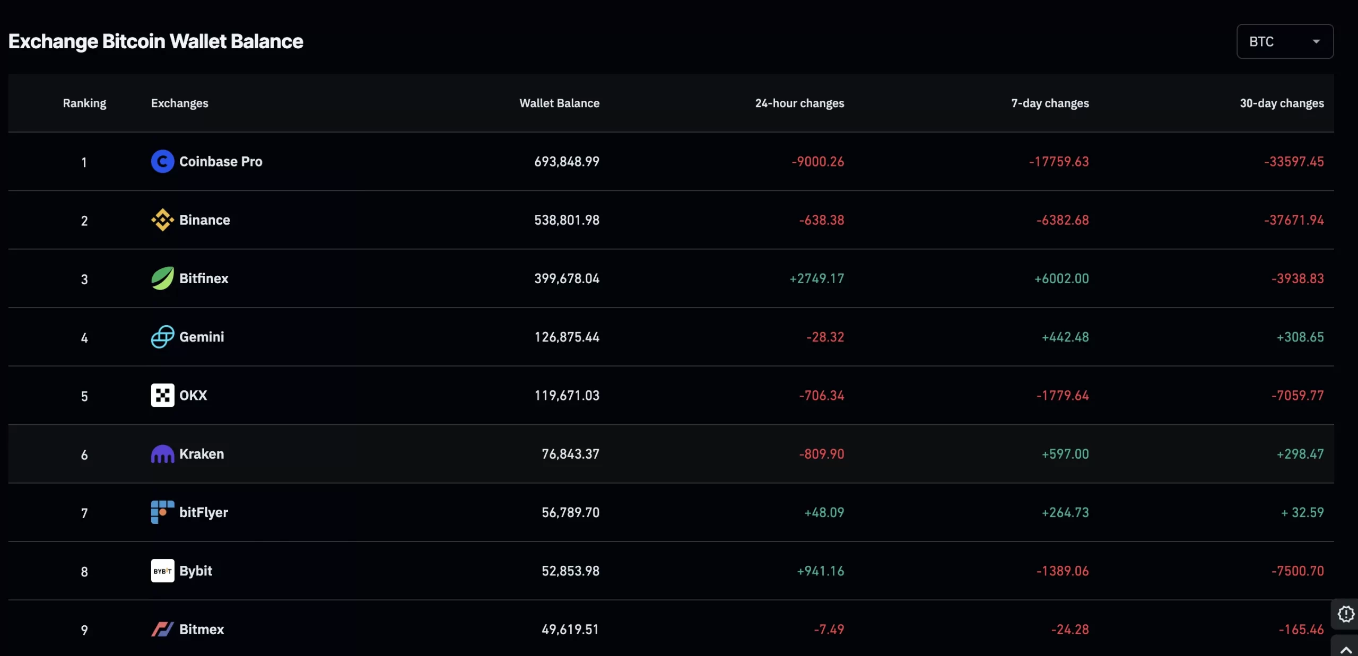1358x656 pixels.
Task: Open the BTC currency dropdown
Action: pyautogui.click(x=1284, y=41)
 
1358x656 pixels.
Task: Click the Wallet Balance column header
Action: pyautogui.click(x=559, y=103)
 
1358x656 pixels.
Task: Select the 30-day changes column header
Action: pyautogui.click(x=1281, y=103)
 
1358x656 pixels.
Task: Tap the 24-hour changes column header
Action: pyautogui.click(x=799, y=103)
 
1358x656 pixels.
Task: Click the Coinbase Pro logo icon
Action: pyautogui.click(x=162, y=161)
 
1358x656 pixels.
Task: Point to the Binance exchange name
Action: pyautogui.click(x=204, y=220)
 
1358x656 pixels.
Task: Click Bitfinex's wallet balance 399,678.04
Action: pyautogui.click(x=566, y=278)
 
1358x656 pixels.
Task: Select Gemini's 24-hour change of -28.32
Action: pyautogui.click(x=825, y=337)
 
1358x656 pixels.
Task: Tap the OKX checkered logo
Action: pyautogui.click(x=162, y=395)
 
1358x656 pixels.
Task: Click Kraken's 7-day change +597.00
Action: pyautogui.click(x=1065, y=454)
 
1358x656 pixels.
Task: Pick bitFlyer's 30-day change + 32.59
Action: pyautogui.click(x=1302, y=512)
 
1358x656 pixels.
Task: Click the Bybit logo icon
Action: pyautogui.click(x=162, y=571)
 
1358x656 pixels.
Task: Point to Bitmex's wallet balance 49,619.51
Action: pyautogui.click(x=570, y=629)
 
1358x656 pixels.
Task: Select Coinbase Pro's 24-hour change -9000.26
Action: pyautogui.click(x=817, y=161)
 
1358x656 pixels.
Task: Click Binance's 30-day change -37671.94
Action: pyautogui.click(x=1293, y=220)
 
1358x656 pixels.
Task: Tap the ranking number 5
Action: pyautogui.click(x=84, y=396)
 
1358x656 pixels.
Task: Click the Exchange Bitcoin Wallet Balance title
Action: pyautogui.click(x=155, y=41)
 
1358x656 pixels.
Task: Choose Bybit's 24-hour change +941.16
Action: pyautogui.click(x=820, y=571)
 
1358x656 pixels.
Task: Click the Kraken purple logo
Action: pyautogui.click(x=162, y=454)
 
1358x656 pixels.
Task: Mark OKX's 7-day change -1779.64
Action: pyautogui.click(x=1062, y=395)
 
